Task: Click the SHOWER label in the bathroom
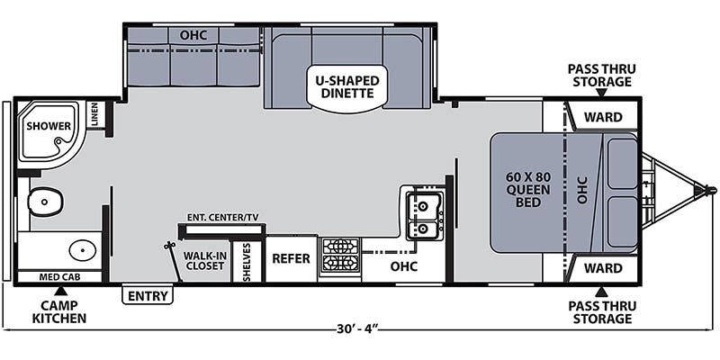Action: point(49,125)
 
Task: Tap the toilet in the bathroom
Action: point(44,202)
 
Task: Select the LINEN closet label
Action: point(94,114)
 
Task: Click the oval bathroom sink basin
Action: point(83,250)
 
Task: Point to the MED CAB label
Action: point(58,277)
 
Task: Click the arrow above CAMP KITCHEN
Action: point(60,291)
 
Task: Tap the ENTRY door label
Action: point(148,296)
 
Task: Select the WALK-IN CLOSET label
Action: point(203,260)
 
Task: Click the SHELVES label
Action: point(247,262)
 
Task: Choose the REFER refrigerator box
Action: point(291,258)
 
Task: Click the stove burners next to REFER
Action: point(340,256)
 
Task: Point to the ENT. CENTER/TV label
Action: point(222,217)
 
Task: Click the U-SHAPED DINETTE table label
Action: point(346,87)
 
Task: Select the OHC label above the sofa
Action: point(193,35)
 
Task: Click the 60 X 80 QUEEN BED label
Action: point(528,189)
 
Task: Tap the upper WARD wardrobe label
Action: point(603,117)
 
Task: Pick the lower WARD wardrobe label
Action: point(603,267)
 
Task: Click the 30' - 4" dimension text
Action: point(355,329)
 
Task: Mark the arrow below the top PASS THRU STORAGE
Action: point(601,94)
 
